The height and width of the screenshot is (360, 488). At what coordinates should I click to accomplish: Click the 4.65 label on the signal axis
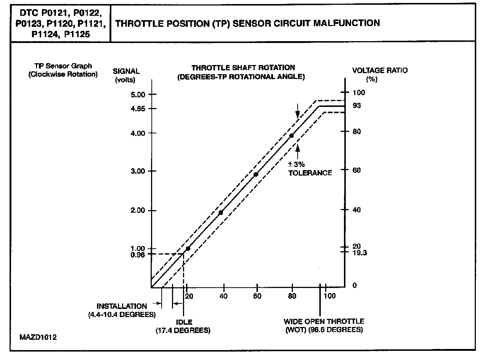pos(138,109)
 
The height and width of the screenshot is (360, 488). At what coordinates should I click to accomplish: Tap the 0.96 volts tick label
pos(138,254)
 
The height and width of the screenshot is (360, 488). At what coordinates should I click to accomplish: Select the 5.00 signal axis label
pos(138,94)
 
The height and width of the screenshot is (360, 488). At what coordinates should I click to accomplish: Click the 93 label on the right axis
pos(356,106)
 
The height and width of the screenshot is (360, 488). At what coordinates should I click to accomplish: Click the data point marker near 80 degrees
pos(291,136)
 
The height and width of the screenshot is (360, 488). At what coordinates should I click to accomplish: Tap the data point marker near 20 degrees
pos(188,249)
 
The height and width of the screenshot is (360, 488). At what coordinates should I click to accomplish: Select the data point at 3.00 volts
pos(256,174)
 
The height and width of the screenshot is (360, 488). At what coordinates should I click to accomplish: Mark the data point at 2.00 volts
pos(220,213)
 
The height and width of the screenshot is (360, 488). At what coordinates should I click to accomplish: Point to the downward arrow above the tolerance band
pos(298,112)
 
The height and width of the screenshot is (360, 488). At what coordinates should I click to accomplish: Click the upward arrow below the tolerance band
pos(298,149)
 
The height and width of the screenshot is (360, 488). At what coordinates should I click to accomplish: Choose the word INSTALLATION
pos(121,306)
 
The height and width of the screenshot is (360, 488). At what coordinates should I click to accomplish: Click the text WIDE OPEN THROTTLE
pos(324,321)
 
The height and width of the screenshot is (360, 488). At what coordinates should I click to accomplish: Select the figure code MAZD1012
pos(39,337)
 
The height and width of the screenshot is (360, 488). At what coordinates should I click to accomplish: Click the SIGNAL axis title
pos(126,71)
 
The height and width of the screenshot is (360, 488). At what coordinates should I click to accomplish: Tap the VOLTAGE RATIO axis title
pos(380,71)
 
